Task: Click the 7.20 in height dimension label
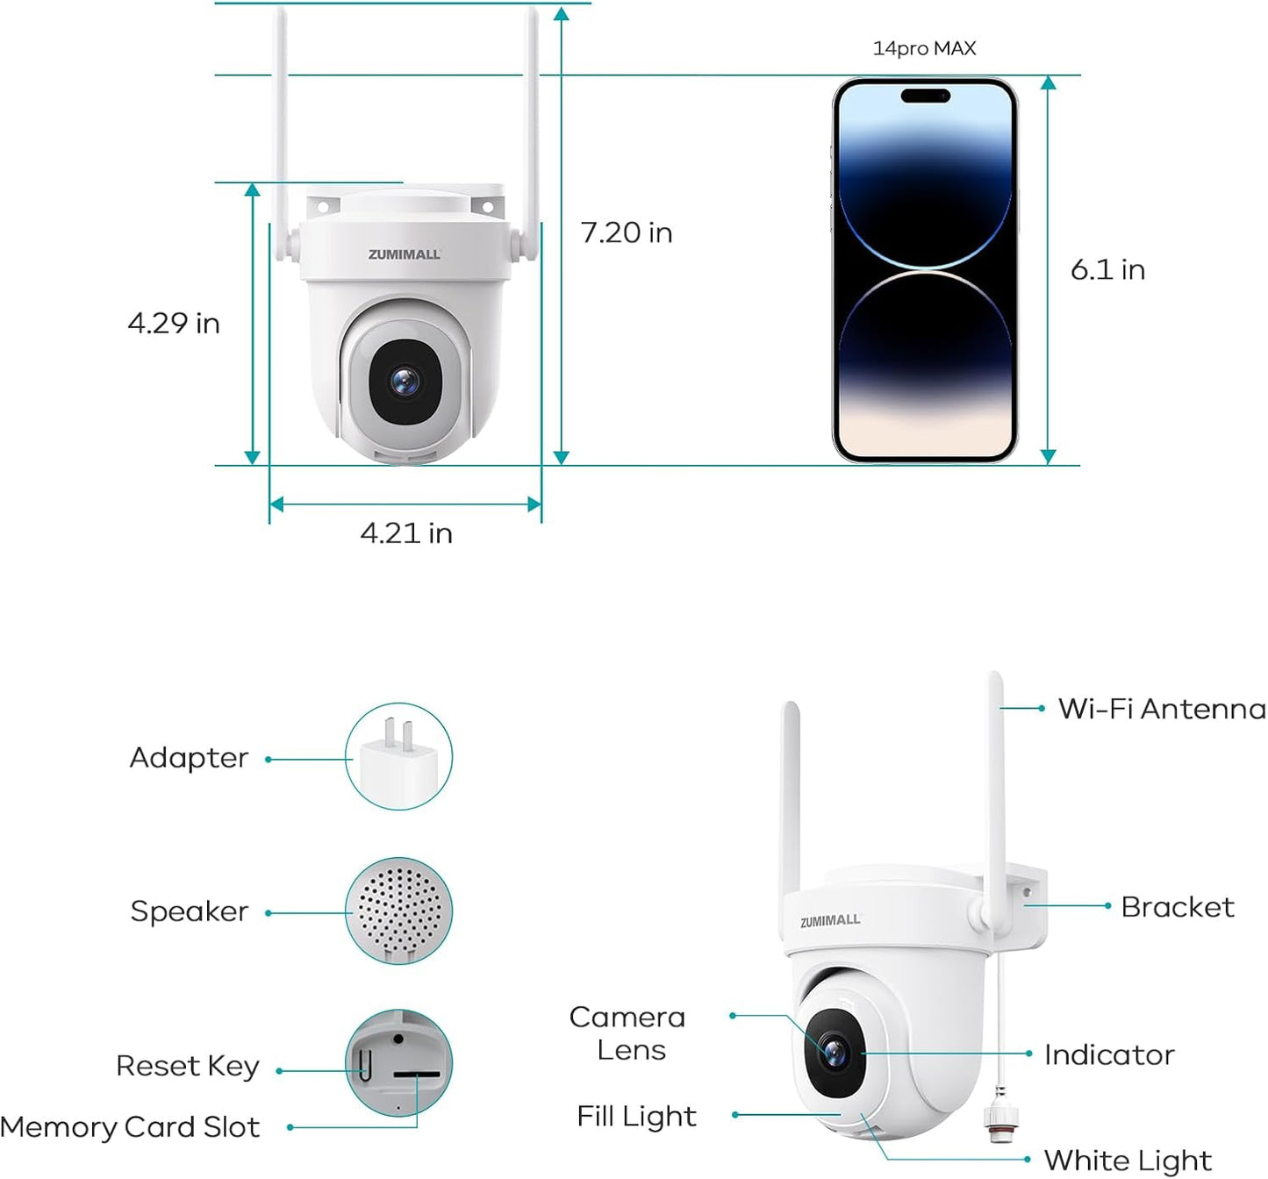tap(626, 233)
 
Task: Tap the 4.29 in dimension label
tap(174, 324)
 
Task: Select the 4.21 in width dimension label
tap(406, 533)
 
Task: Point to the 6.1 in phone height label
tap(1107, 270)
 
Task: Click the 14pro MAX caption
tap(925, 48)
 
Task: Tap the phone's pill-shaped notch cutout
tap(925, 96)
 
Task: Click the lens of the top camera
tap(405, 382)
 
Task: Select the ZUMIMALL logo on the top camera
tap(405, 254)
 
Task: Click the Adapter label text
tap(189, 758)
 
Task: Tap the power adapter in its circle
tap(399, 761)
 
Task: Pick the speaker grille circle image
tap(399, 911)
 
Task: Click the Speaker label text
tap(189, 911)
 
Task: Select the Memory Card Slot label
tap(130, 1127)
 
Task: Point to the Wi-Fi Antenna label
tap(1162, 709)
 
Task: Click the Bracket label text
tap(1178, 907)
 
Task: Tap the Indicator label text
tap(1109, 1055)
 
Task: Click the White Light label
tap(1128, 1161)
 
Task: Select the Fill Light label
tap(636, 1117)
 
